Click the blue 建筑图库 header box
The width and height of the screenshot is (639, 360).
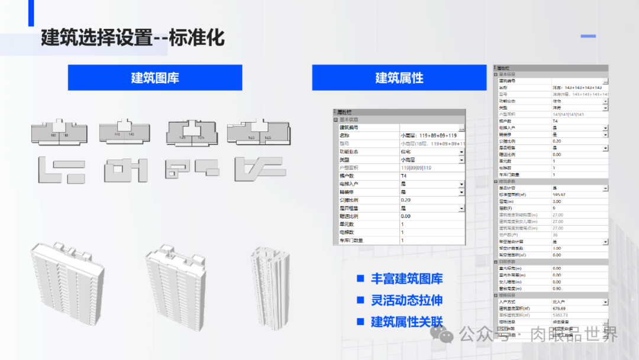coord(155,78)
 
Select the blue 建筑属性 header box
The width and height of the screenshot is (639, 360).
coord(399,78)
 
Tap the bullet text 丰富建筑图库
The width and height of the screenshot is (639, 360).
coord(406,279)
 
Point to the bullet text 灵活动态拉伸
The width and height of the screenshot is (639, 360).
coord(406,300)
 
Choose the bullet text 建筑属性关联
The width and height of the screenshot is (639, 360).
coord(406,322)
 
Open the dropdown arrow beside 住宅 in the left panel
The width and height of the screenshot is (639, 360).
coord(461,152)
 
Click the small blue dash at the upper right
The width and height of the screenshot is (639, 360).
coord(588,36)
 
